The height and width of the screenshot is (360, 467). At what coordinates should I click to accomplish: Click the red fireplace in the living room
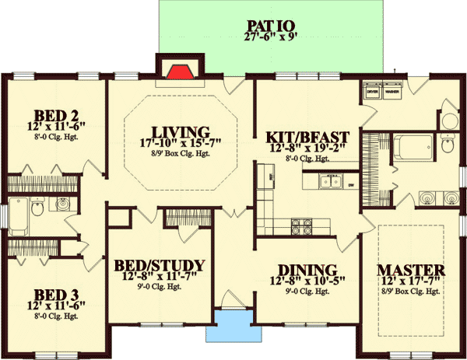(180, 73)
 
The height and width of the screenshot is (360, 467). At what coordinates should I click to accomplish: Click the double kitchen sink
(329, 183)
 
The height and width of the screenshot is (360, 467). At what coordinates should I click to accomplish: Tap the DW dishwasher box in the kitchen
(351, 184)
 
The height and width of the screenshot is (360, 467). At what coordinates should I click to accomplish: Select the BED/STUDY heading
(159, 265)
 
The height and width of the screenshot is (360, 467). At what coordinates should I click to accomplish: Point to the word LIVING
(181, 131)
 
